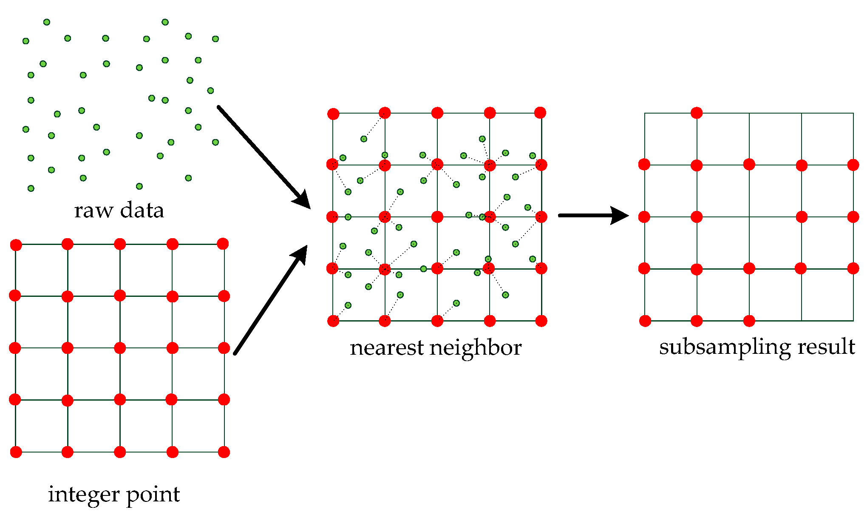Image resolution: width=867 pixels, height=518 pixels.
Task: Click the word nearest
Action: click(x=387, y=348)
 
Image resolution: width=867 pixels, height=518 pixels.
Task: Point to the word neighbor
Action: click(x=476, y=348)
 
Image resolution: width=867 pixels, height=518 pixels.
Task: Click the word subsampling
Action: click(x=725, y=347)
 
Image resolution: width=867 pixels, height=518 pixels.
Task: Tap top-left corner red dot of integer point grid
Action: click(x=16, y=245)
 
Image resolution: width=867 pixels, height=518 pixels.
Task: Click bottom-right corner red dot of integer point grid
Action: click(x=224, y=452)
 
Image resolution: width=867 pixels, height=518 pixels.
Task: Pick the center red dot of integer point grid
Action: click(x=120, y=348)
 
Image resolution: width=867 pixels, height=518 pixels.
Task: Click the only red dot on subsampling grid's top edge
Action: click(x=697, y=113)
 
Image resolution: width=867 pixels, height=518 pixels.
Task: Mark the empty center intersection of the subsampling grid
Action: click(x=749, y=217)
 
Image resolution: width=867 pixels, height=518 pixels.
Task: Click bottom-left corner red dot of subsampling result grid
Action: click(x=645, y=321)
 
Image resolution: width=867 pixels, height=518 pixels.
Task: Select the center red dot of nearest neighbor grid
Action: click(x=437, y=217)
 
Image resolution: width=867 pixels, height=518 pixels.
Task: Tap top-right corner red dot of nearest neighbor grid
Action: click(x=540, y=113)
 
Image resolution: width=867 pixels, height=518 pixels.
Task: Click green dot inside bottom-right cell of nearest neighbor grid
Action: click(x=505, y=295)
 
